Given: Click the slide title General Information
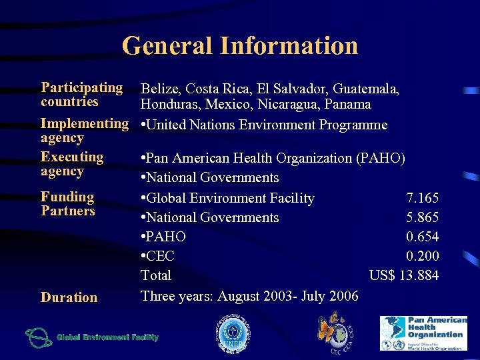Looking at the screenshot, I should [240, 46].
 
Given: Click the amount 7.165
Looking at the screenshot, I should [422, 198].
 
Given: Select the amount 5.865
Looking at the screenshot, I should [422, 217].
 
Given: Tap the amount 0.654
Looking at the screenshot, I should [422, 237].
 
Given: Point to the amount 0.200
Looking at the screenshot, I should [422, 256].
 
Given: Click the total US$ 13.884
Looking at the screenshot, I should [403, 275].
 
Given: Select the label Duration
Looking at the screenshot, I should [69, 297].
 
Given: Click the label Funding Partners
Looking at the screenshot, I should [67, 204].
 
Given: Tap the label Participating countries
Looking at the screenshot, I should [81, 95].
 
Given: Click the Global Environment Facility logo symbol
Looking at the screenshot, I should [38, 337].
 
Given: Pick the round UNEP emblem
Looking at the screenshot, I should [234, 334].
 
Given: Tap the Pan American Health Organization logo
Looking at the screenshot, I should [423, 333].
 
